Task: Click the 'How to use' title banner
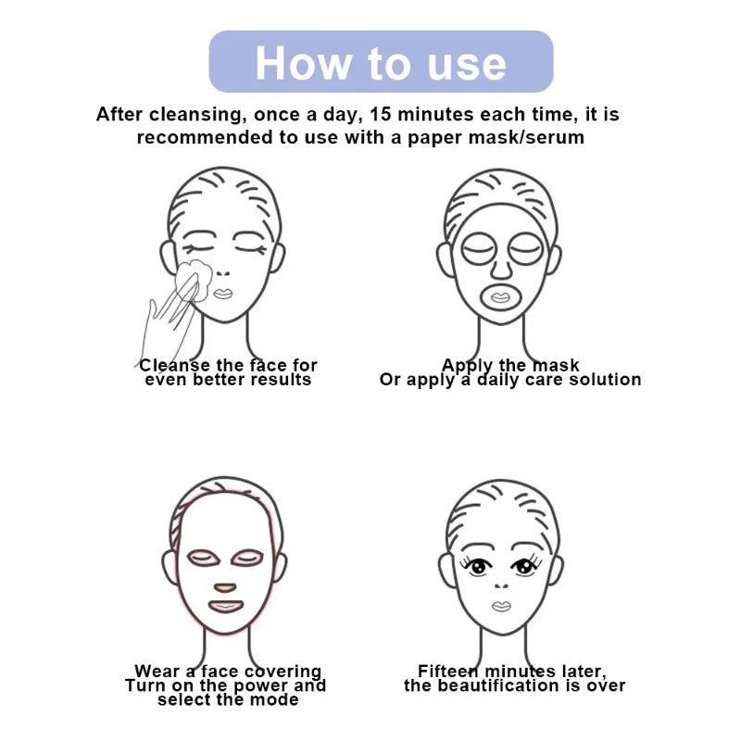[381, 62]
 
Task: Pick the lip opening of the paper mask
[499, 296]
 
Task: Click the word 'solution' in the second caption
[603, 379]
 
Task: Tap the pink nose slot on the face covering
[225, 587]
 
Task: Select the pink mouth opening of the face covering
[225, 607]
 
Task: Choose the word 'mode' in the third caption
[275, 699]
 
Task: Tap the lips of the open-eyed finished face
[500, 606]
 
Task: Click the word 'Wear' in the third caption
[157, 671]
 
